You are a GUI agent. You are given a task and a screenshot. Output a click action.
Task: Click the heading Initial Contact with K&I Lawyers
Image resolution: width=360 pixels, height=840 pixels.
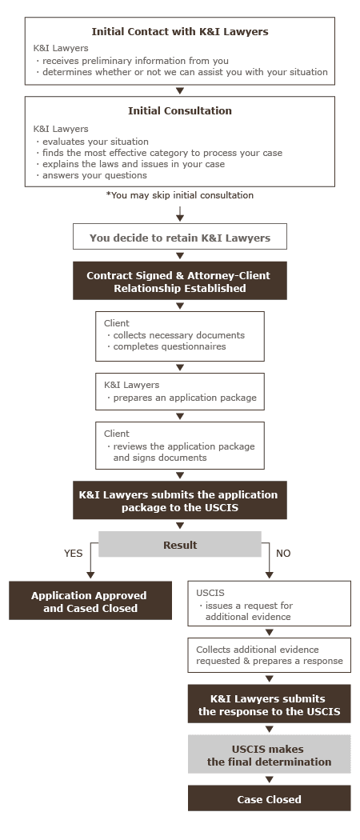click(x=180, y=32)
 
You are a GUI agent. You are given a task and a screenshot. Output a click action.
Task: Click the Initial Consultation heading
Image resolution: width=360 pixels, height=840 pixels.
click(x=180, y=111)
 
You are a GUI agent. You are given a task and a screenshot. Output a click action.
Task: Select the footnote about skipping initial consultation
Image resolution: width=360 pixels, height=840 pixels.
click(x=180, y=195)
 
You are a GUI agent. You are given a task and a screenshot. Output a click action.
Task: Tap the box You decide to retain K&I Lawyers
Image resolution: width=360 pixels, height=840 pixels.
click(x=180, y=238)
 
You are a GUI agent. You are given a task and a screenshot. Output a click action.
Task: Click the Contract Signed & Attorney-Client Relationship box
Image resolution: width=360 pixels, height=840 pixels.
click(x=179, y=282)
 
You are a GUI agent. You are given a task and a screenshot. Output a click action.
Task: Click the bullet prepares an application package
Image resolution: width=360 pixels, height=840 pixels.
click(x=181, y=397)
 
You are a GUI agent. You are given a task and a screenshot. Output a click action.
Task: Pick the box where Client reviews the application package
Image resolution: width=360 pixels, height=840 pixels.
click(x=179, y=446)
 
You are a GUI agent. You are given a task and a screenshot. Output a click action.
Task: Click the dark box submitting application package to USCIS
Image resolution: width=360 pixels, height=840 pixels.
click(x=179, y=501)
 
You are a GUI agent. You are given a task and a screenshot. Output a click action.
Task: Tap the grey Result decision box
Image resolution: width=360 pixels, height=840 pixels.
click(x=180, y=544)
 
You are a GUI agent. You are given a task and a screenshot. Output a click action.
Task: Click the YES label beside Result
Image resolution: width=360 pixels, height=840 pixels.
click(x=73, y=553)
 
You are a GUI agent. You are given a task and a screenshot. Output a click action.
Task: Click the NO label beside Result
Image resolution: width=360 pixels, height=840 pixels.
click(x=283, y=553)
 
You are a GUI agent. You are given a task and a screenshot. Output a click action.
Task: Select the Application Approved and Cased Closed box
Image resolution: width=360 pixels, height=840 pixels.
click(x=90, y=602)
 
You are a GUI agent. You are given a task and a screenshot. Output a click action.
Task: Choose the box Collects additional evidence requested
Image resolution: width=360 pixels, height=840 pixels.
click(x=269, y=654)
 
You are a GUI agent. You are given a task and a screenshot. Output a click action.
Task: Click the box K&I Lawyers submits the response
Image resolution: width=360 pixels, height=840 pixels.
click(x=269, y=706)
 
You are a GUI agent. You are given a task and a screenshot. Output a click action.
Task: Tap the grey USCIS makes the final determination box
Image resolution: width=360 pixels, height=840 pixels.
click(x=269, y=755)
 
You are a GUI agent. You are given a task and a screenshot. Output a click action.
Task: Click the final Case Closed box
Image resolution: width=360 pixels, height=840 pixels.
click(x=269, y=799)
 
